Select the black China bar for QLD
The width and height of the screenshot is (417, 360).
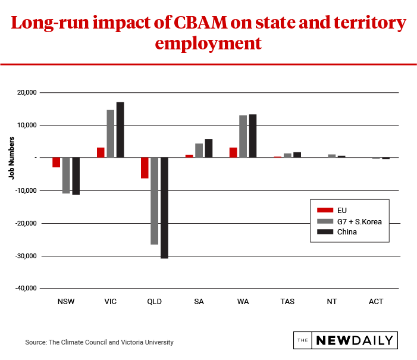(164, 208)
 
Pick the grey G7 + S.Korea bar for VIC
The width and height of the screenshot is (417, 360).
(111, 134)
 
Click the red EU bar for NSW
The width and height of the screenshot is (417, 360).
(56, 162)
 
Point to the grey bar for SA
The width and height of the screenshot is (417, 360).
(199, 151)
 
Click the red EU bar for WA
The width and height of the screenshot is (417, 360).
(233, 152)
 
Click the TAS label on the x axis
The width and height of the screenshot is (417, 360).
(287, 302)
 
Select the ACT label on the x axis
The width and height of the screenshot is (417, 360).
(376, 302)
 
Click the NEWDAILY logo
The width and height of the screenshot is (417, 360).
(346, 340)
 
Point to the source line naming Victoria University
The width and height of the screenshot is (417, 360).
(99, 342)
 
